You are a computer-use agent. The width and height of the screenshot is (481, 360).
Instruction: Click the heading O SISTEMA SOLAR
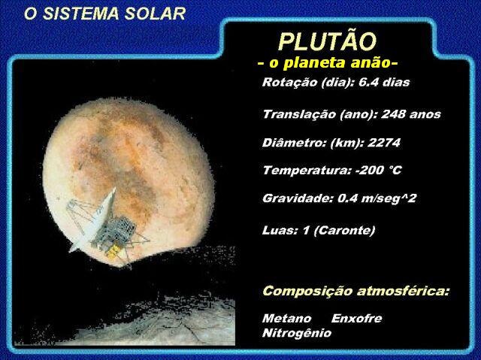(105, 14)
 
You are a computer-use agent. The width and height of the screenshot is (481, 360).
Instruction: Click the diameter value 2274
(384, 143)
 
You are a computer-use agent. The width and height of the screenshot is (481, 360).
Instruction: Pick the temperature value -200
(369, 170)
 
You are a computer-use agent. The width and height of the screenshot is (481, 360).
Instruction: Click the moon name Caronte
(344, 230)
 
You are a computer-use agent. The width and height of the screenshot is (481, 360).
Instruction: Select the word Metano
(286, 319)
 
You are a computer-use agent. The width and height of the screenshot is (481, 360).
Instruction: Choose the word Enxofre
(357, 319)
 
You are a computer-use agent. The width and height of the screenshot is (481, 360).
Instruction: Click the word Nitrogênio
(297, 333)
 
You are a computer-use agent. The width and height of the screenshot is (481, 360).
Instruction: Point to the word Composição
(307, 291)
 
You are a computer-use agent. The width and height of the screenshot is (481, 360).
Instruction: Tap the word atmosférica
(403, 291)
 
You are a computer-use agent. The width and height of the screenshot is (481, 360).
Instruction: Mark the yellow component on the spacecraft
(113, 252)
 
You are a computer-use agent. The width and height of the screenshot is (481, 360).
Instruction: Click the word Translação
(299, 114)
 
